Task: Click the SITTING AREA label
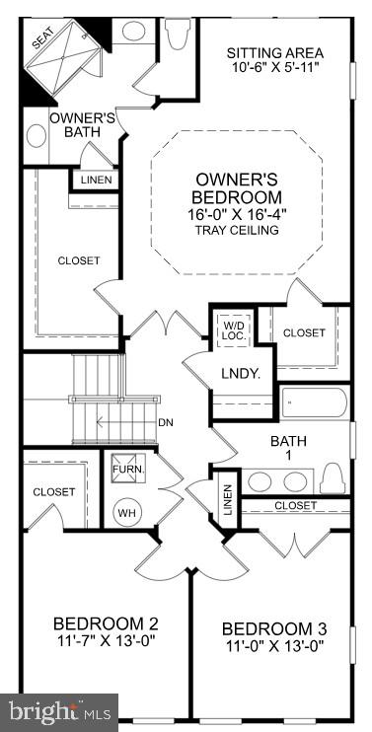(x=274, y=52)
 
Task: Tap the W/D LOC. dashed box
(x=234, y=329)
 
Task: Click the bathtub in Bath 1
(x=314, y=403)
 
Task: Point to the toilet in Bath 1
(x=334, y=478)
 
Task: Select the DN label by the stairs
(x=166, y=422)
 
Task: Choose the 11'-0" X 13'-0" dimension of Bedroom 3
(x=273, y=647)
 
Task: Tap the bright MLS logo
(x=59, y=710)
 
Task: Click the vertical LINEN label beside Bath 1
(x=226, y=499)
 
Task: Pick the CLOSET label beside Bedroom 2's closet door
(x=53, y=491)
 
